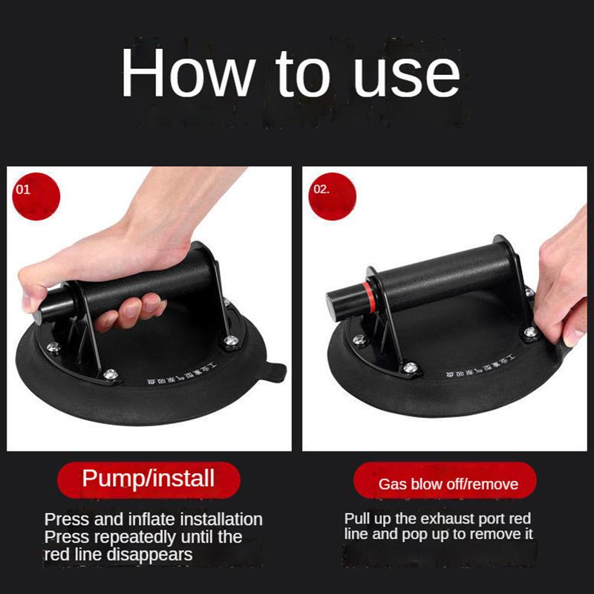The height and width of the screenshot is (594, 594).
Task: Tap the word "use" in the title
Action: click(407, 74)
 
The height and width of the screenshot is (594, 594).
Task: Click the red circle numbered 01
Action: click(34, 195)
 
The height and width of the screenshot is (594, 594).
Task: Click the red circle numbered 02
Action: click(331, 195)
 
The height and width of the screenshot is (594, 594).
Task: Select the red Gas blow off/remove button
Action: click(448, 484)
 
